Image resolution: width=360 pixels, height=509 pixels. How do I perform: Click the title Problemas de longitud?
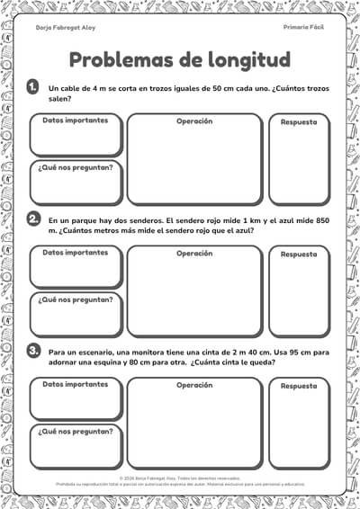(x=179, y=60)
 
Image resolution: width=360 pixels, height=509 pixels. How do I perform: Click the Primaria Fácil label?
(x=303, y=29)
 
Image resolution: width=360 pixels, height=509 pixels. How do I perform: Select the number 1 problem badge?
(x=32, y=86)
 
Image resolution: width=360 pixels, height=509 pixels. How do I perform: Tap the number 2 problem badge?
(x=32, y=219)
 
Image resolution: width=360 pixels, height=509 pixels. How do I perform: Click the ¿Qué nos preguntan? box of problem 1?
(x=76, y=183)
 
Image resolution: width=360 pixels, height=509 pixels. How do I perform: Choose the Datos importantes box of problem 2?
(x=76, y=267)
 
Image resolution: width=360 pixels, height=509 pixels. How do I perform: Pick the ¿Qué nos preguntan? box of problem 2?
(x=76, y=315)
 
